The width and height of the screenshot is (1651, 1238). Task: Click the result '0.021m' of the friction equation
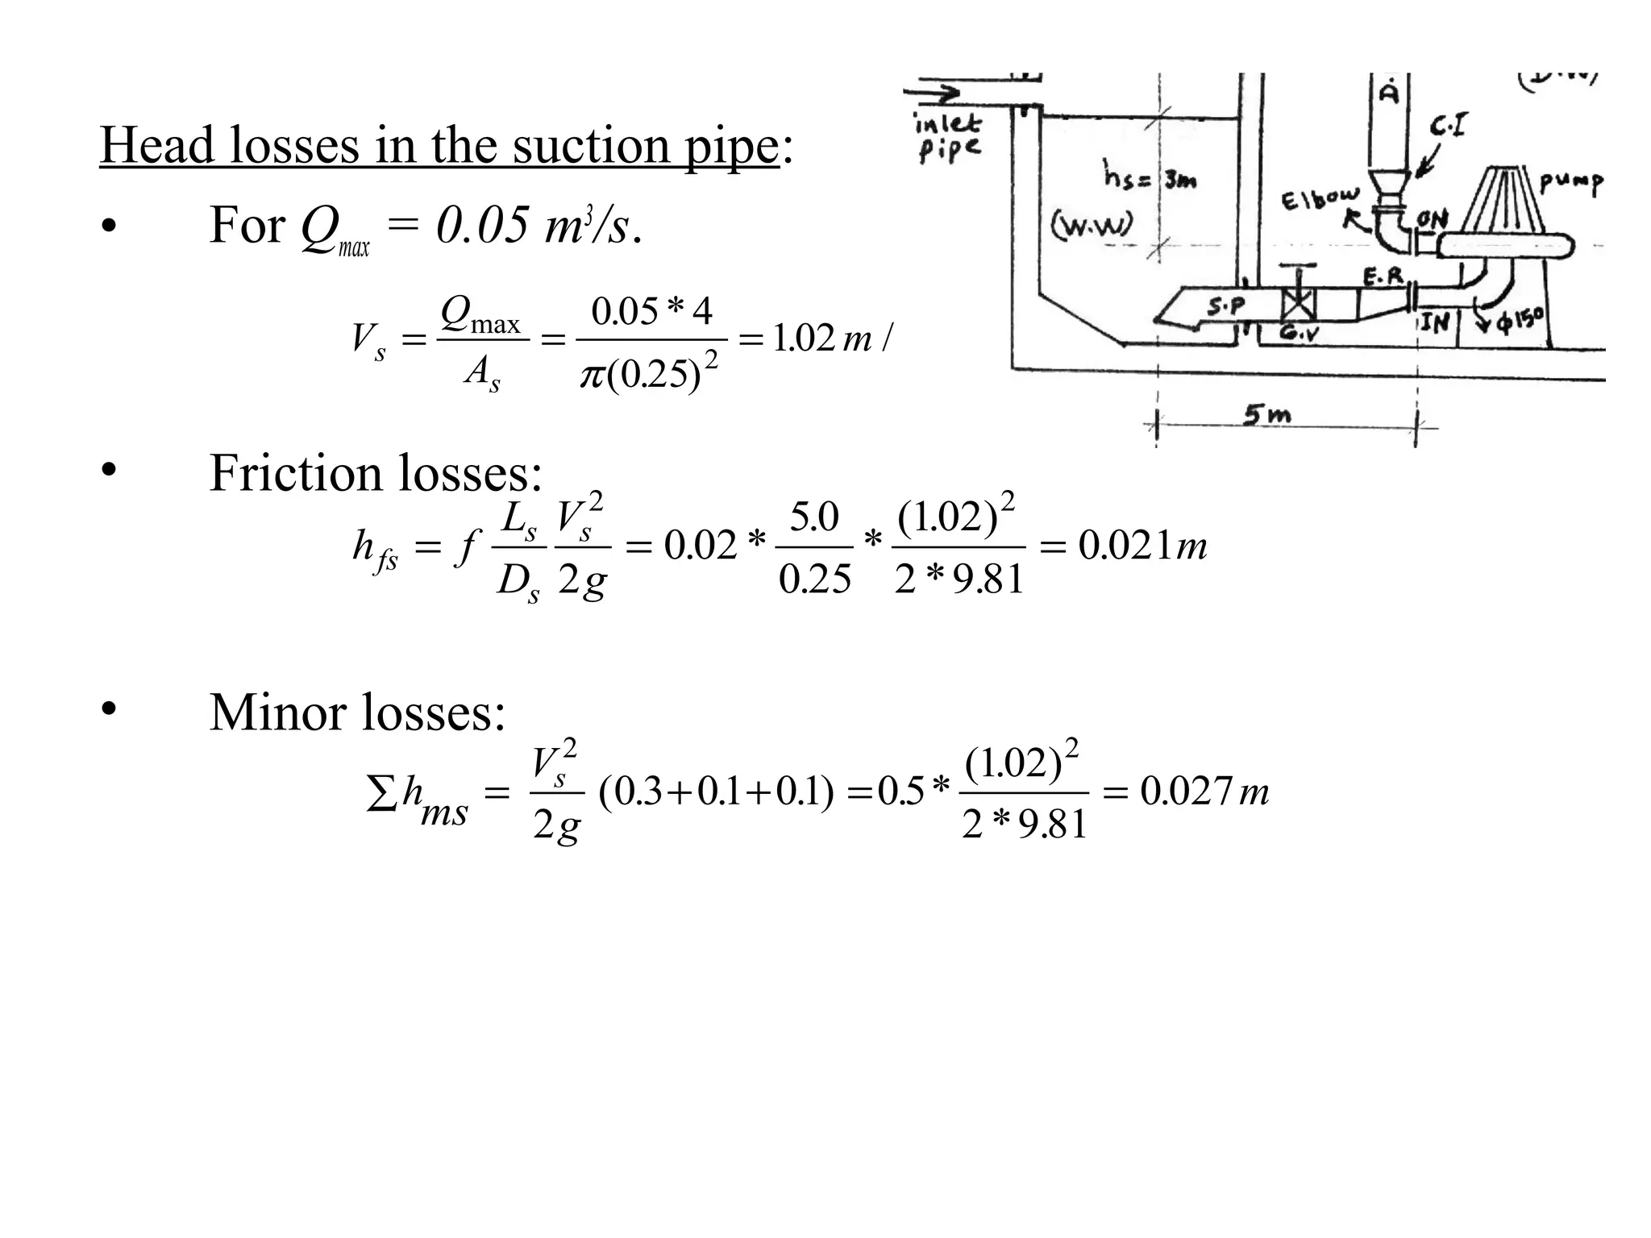pyautogui.click(x=1142, y=546)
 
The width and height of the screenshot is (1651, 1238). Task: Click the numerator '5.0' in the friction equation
pyautogui.click(x=814, y=517)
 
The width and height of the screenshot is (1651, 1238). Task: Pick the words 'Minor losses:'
pyautogui.click(x=357, y=712)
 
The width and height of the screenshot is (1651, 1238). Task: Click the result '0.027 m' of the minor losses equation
pyautogui.click(x=1204, y=791)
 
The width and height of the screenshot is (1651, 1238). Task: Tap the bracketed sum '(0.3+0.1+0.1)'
pyautogui.click(x=716, y=791)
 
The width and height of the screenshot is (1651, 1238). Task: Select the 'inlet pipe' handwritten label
pyautogui.click(x=948, y=137)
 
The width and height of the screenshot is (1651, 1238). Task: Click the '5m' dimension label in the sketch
pyautogui.click(x=1266, y=415)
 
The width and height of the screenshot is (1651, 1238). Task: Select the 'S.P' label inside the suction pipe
pyautogui.click(x=1225, y=305)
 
